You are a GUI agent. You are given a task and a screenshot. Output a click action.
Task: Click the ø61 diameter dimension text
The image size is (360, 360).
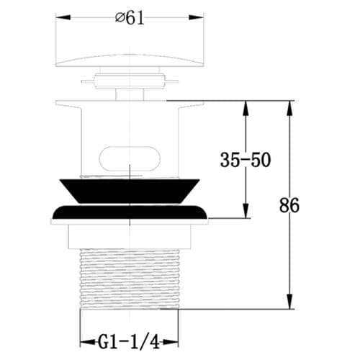[130, 19]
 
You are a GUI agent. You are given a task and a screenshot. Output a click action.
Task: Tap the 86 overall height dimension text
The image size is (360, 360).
[289, 204]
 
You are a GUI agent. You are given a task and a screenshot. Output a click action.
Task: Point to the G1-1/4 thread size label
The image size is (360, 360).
[130, 339]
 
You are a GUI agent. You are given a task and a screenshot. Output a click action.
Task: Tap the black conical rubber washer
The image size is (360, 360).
[130, 189]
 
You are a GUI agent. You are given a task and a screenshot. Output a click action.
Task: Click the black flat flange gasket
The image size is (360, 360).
[130, 213]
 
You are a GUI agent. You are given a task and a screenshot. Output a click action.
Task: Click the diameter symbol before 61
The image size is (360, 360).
[120, 19]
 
